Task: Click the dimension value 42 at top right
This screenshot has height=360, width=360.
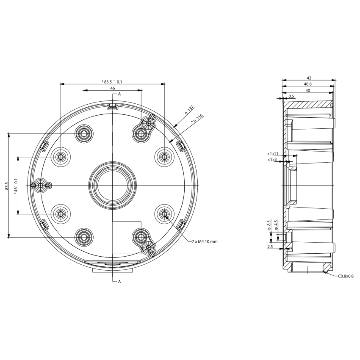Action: click(309, 78)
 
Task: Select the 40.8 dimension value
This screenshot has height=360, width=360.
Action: click(309, 84)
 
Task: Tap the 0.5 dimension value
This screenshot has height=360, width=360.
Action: click(291, 97)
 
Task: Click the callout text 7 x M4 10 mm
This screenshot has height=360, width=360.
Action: click(205, 241)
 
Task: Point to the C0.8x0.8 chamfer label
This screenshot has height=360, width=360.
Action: click(346, 276)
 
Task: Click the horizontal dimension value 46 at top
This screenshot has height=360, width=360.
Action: click(113, 88)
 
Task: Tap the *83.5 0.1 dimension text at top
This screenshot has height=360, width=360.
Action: click(112, 81)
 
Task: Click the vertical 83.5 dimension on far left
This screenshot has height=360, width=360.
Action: click(6, 186)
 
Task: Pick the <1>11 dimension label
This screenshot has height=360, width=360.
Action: click(272, 153)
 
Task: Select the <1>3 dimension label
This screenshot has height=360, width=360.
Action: click(272, 160)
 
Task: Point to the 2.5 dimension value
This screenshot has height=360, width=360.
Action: click(270, 246)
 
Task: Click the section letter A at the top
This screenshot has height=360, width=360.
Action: click(119, 94)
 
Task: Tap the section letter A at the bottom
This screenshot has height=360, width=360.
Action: click(119, 281)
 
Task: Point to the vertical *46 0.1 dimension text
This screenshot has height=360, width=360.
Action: click(16, 186)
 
